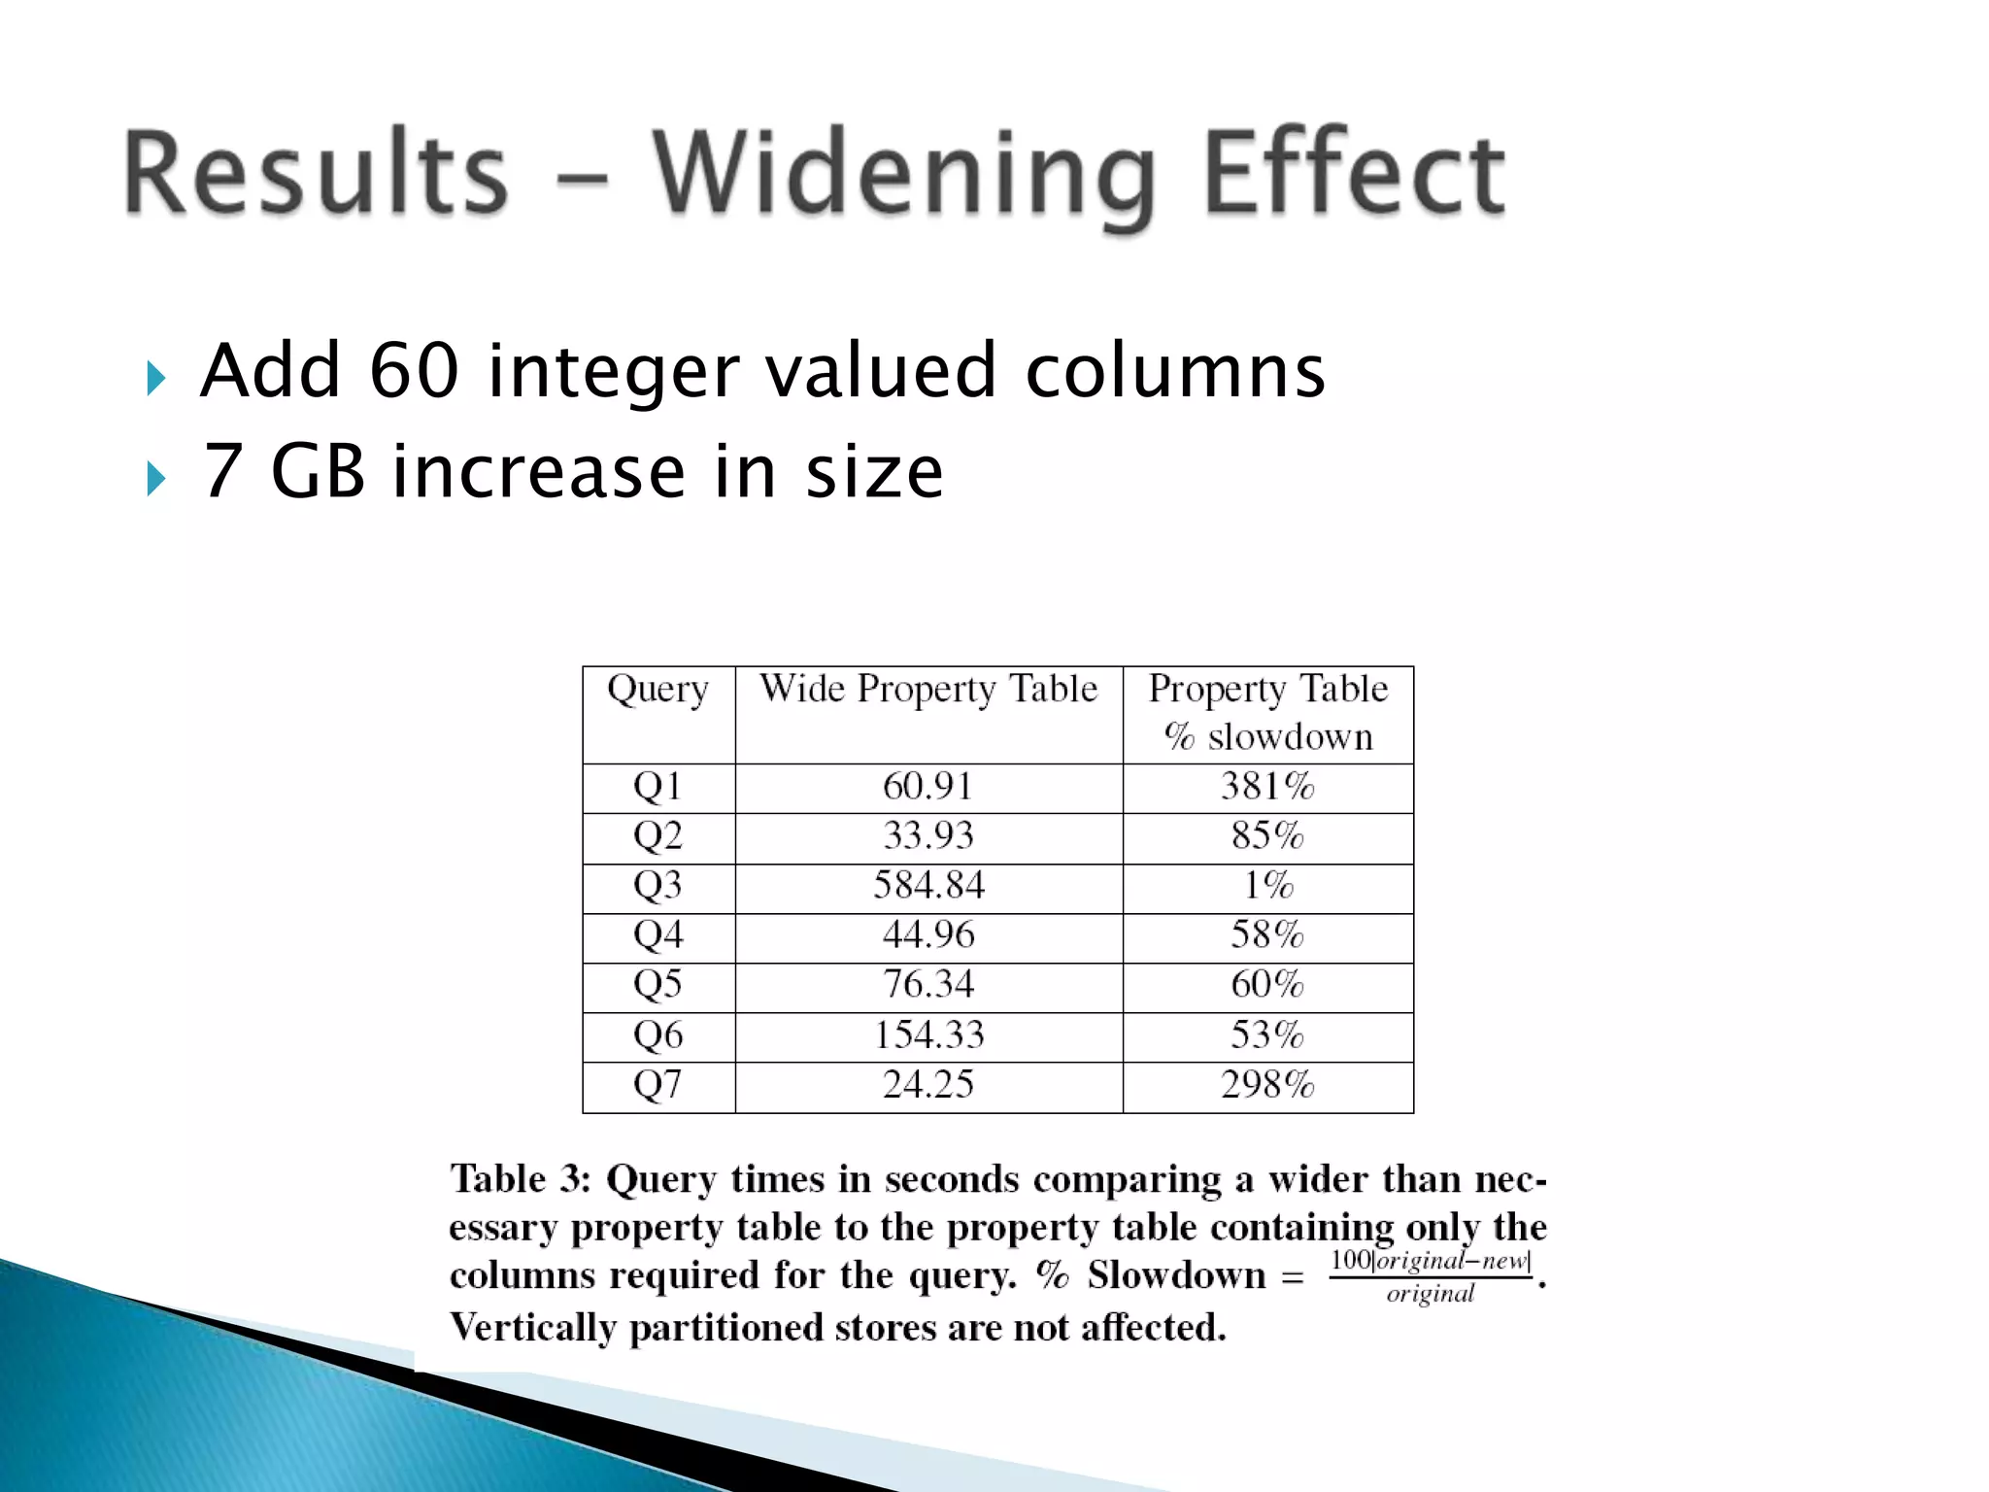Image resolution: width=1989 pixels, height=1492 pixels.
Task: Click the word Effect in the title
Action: click(x=1354, y=175)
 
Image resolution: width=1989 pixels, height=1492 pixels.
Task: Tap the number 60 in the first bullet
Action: click(x=414, y=371)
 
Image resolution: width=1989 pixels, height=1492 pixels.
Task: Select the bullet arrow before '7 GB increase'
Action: click(x=155, y=478)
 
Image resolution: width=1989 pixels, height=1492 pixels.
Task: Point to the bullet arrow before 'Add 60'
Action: click(x=155, y=377)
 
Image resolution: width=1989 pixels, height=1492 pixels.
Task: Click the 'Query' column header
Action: click(x=657, y=690)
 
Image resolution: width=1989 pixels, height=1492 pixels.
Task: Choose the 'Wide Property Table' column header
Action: click(x=928, y=690)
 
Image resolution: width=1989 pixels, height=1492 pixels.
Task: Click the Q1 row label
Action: click(x=657, y=787)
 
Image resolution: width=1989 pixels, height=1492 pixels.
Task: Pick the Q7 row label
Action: click(x=657, y=1085)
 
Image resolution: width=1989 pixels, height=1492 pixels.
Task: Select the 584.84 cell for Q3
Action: click(x=928, y=886)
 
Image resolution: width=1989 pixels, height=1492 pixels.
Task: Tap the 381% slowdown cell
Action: click(x=1267, y=787)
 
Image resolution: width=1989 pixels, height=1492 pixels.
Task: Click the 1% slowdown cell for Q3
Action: click(x=1267, y=886)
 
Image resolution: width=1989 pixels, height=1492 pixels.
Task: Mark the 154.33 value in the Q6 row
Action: click(x=928, y=1035)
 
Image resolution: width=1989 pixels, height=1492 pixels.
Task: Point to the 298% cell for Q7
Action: click(x=1267, y=1085)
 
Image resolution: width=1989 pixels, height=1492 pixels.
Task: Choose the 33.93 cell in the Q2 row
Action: click(x=928, y=836)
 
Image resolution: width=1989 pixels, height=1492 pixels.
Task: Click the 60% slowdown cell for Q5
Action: click(x=1267, y=985)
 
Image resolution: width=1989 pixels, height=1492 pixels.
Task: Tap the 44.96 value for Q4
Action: click(x=928, y=935)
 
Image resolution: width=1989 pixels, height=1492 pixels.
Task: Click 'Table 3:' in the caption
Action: click(x=521, y=1179)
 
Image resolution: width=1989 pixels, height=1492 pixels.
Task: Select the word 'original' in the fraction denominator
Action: click(x=1430, y=1295)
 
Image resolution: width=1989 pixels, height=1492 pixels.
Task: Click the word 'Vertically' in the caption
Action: click(x=532, y=1328)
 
